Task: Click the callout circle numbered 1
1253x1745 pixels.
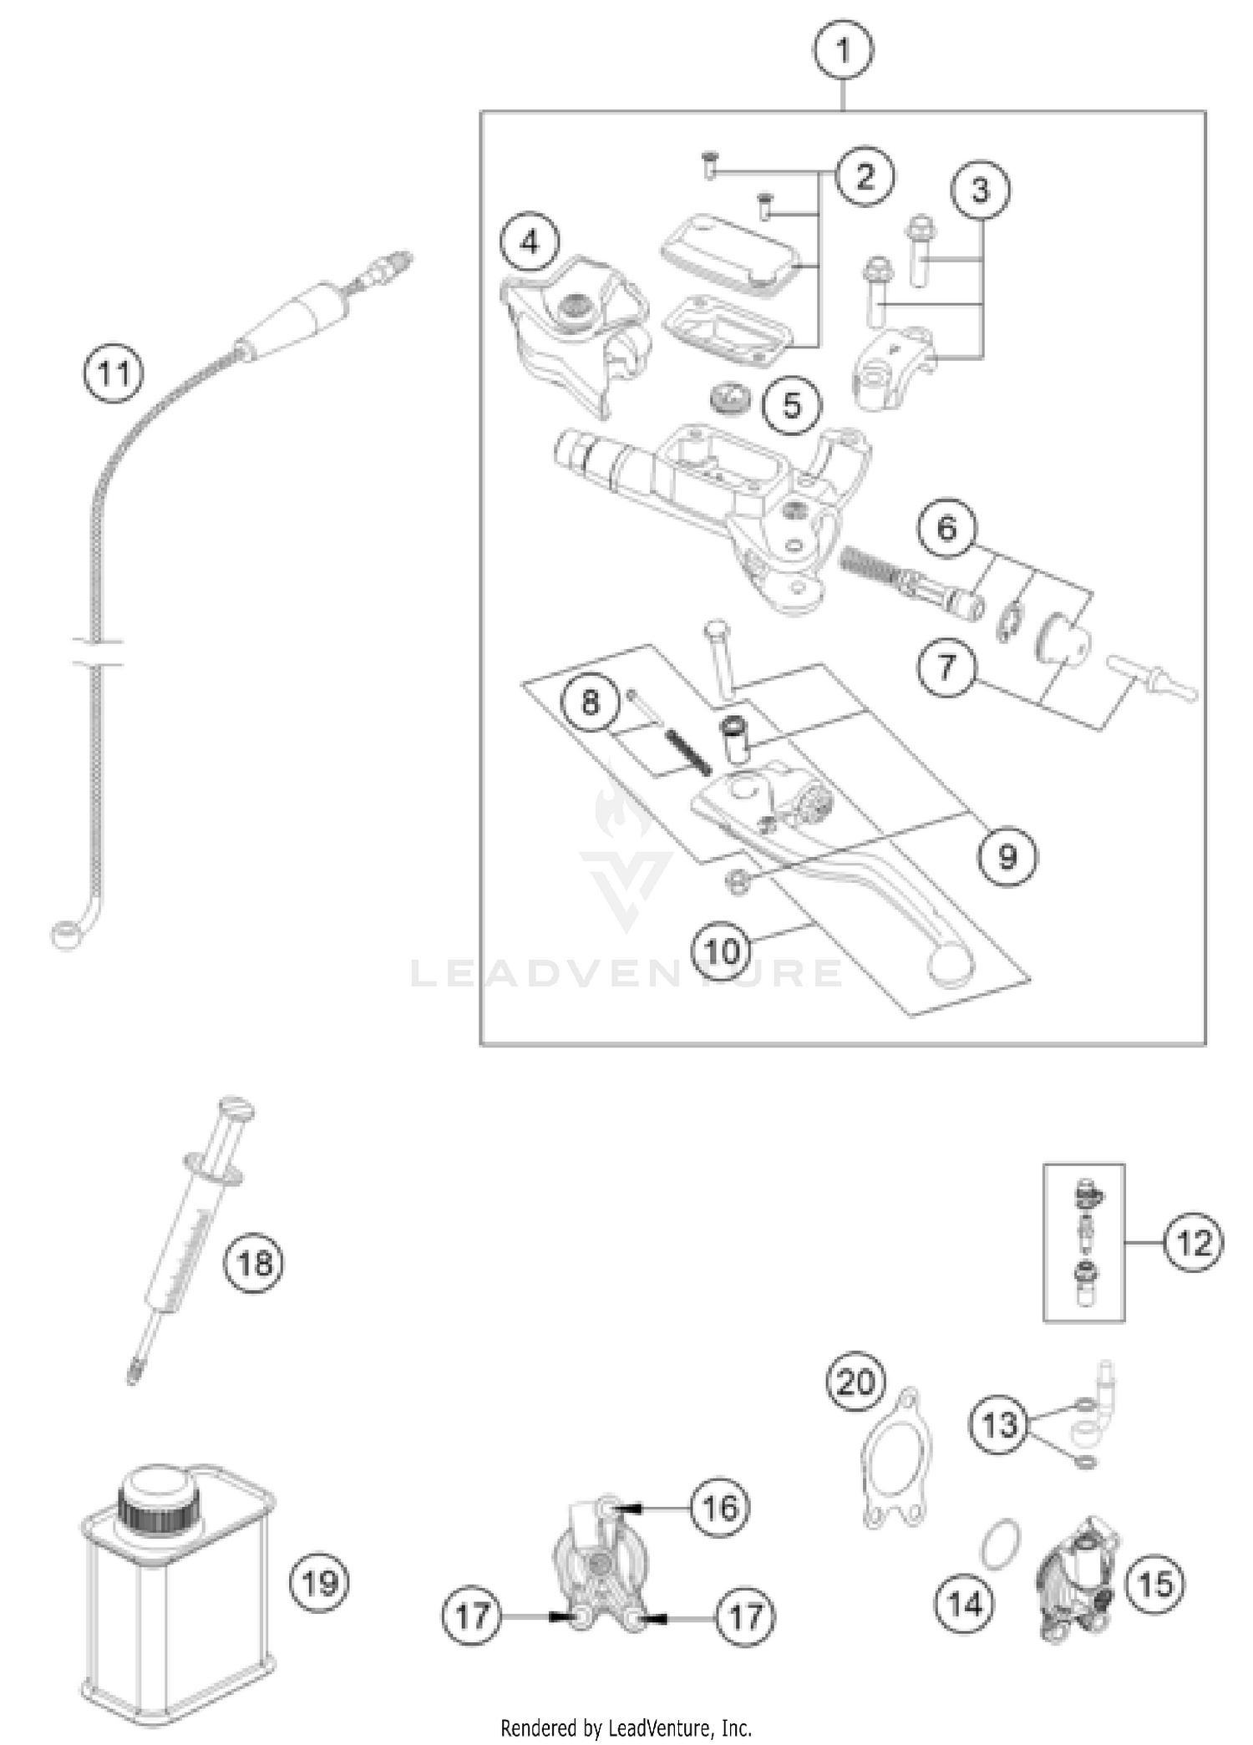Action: point(843,50)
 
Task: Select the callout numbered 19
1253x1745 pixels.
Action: point(319,1583)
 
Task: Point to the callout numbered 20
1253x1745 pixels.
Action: point(856,1382)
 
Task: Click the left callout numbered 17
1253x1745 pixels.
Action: point(472,1616)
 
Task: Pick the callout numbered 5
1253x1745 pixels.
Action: point(792,406)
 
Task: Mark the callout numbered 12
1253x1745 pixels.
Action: point(1193,1243)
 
